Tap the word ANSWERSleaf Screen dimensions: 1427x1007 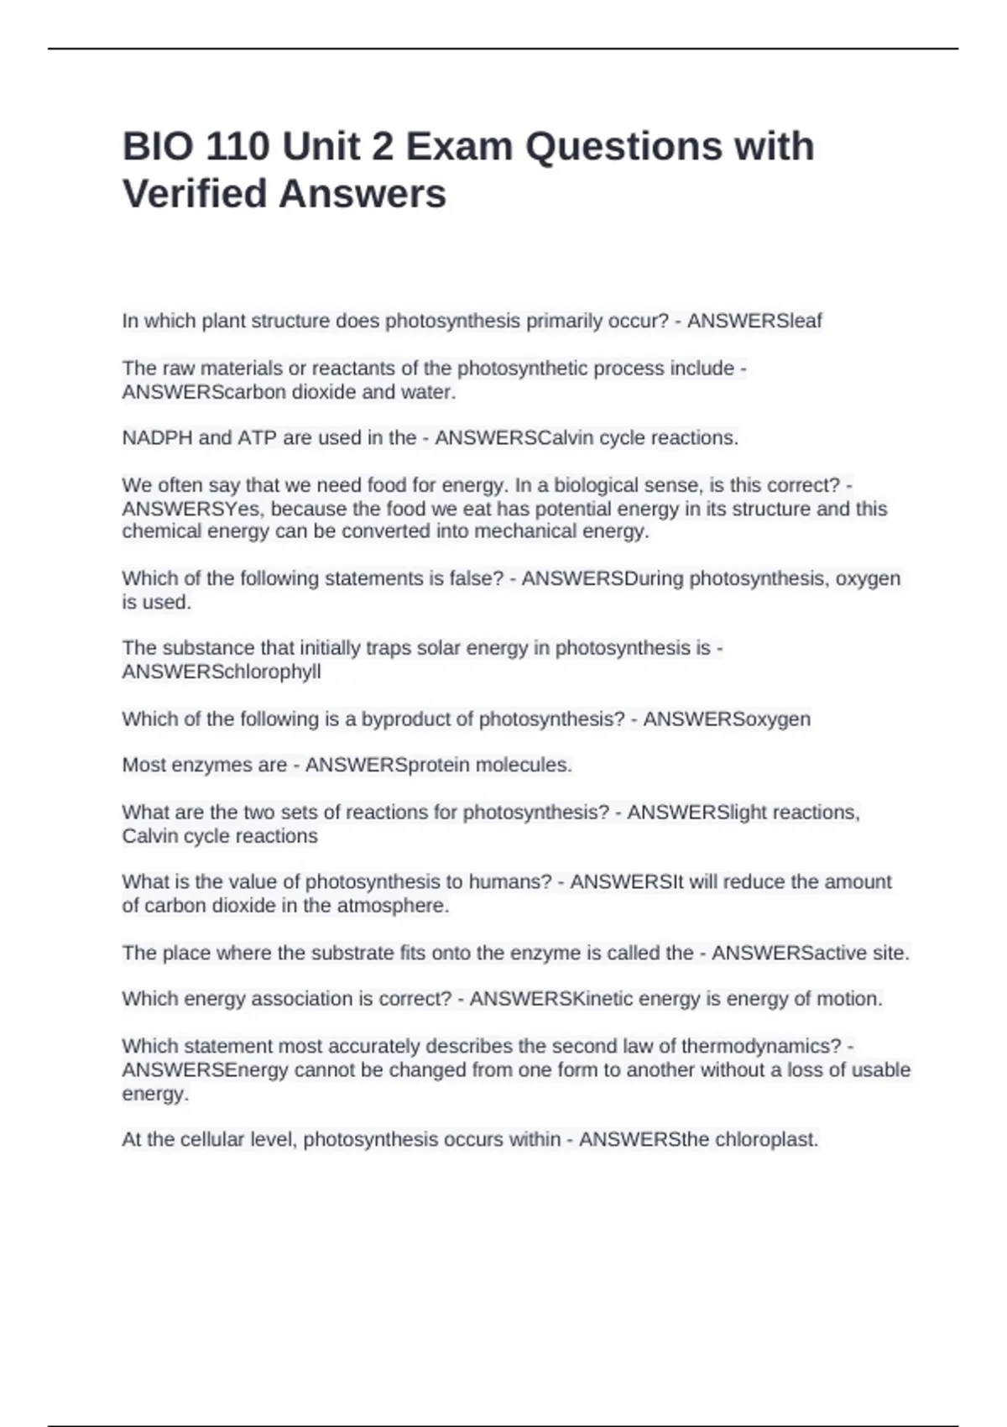tap(754, 321)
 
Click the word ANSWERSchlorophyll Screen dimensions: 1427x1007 tap(222, 672)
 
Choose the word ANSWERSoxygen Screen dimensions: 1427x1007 tap(727, 719)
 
